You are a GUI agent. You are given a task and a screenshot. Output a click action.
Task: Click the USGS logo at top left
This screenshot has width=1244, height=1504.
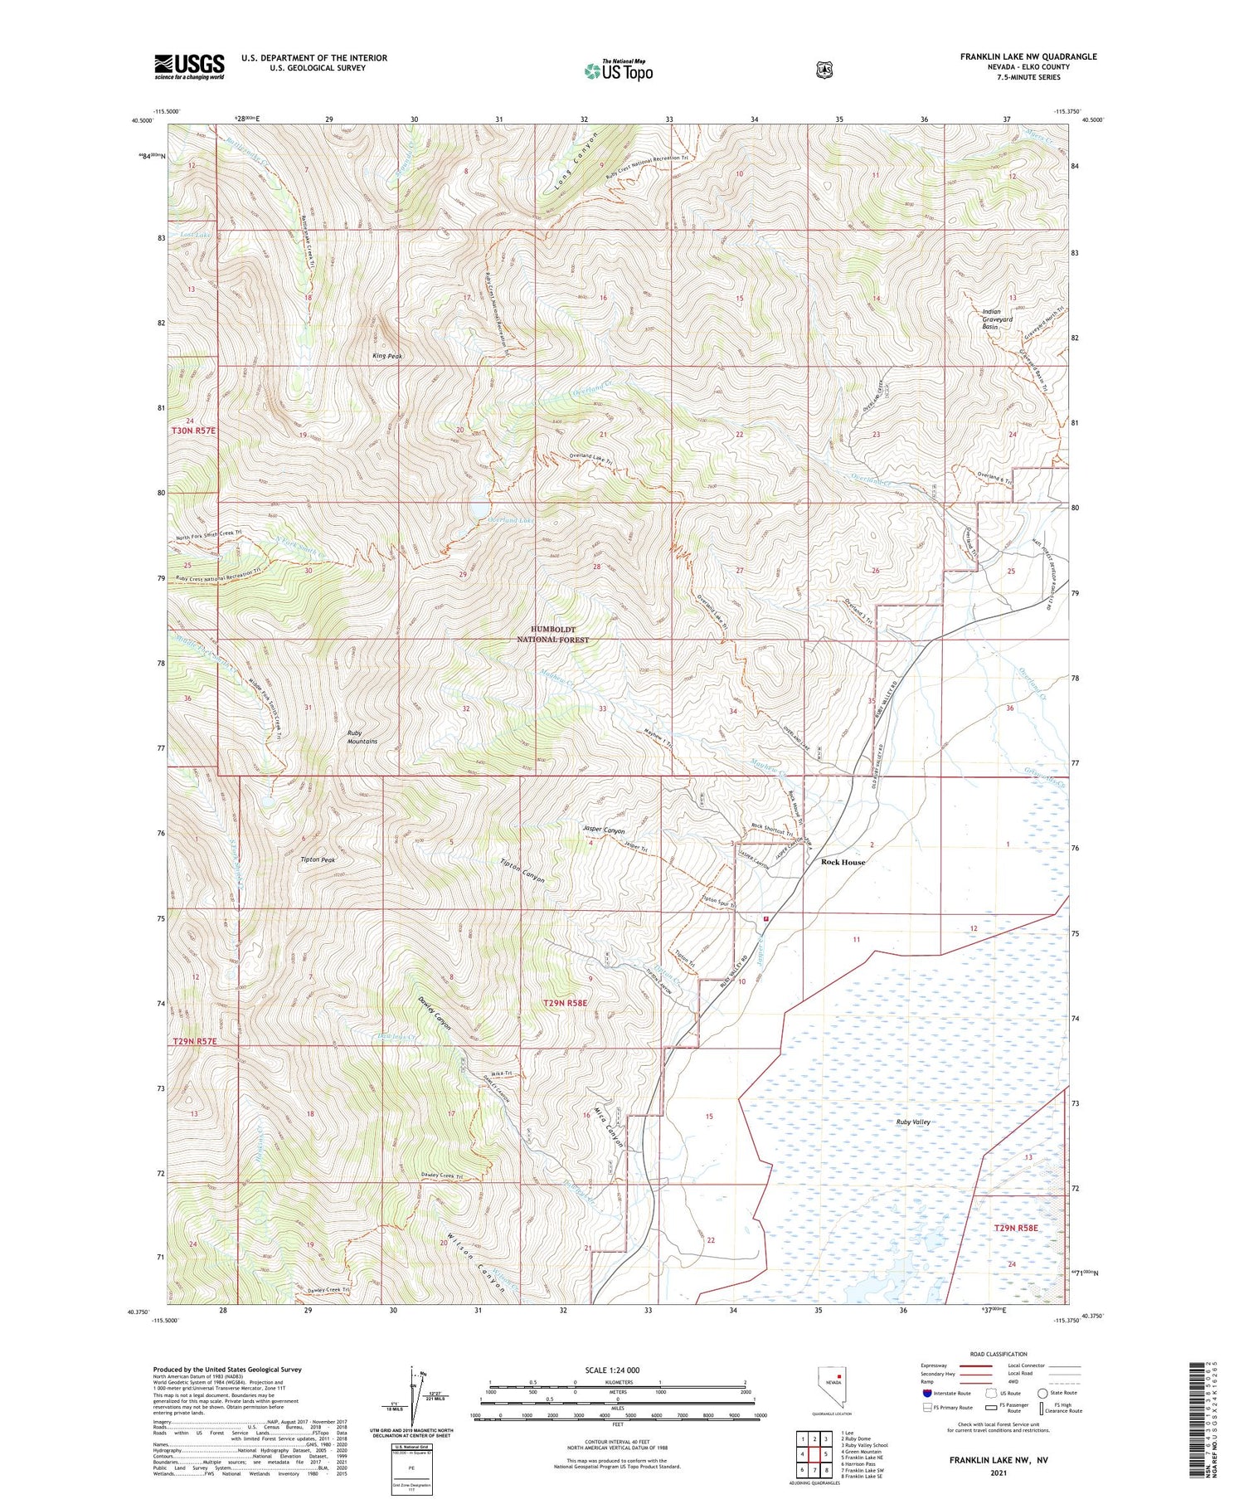point(189,66)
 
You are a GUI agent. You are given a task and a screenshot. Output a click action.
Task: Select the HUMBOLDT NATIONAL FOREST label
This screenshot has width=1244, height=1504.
point(552,635)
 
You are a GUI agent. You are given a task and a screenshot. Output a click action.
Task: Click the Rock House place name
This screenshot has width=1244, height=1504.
point(843,862)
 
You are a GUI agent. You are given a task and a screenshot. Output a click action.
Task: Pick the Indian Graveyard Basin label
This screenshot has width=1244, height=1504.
point(997,319)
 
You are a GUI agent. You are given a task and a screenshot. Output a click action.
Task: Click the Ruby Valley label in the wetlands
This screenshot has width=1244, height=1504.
point(914,1122)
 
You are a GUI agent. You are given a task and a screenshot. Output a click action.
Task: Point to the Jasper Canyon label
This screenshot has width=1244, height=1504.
point(603,830)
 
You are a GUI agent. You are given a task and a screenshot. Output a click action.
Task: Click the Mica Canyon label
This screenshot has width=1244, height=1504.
point(609,1127)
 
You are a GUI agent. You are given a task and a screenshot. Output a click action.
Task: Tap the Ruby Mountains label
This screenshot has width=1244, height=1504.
point(362,737)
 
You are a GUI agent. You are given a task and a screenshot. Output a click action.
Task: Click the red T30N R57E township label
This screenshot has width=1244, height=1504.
point(193,431)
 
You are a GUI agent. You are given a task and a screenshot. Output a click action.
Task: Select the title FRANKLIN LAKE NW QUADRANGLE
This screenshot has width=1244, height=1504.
point(1028,56)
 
